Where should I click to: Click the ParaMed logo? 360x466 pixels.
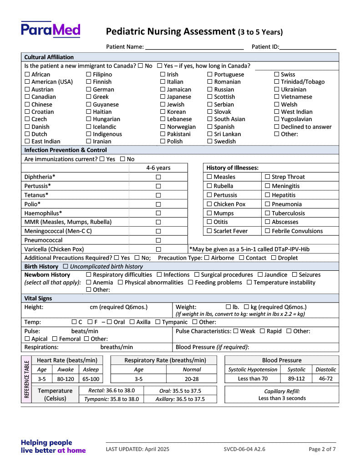pos(51,30)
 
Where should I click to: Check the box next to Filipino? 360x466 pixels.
pos(89,75)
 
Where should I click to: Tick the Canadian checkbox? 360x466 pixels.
pos(27,97)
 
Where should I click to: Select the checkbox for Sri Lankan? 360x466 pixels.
pos(210,134)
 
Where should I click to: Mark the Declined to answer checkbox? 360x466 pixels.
pos(277,127)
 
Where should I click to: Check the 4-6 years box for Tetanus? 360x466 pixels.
pos(158,195)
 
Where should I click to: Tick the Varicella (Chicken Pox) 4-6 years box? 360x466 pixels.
pos(158,249)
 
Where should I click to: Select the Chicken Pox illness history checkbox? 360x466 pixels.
pos(209,204)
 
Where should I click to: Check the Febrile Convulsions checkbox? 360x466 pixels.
pos(268,231)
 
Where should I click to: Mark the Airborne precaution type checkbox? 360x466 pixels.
pos(207,258)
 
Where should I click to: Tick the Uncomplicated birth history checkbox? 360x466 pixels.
pos(66,267)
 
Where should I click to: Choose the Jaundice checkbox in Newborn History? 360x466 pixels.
pos(260,275)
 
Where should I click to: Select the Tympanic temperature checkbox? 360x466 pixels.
pos(157,322)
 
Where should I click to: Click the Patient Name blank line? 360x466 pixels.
pos(194,47)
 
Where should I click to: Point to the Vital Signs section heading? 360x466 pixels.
pos(38,299)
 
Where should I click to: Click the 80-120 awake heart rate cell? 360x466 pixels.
pos(66,379)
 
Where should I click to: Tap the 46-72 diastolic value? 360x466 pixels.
pos(326,379)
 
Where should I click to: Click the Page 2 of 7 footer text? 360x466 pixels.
pos(322,449)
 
